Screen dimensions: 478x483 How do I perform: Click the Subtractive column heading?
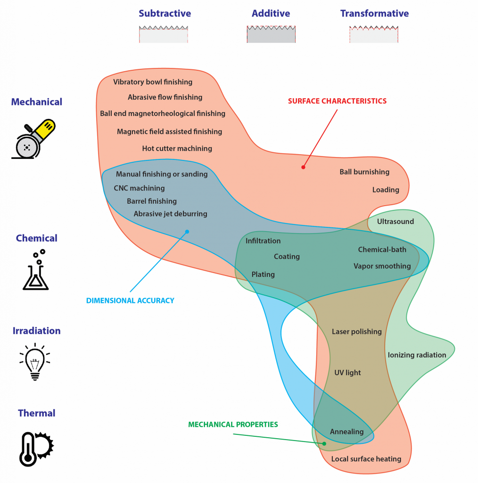click(165, 13)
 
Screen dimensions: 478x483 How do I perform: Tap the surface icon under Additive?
click(271, 34)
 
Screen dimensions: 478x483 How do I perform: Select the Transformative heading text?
click(374, 13)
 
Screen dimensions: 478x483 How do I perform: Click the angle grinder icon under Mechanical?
click(33, 139)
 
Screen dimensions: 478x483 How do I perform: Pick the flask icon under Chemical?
click(36, 270)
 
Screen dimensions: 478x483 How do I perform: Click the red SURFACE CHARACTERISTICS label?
click(337, 101)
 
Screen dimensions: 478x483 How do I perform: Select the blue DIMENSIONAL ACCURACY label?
click(130, 300)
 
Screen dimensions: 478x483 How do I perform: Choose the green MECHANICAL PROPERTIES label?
click(233, 425)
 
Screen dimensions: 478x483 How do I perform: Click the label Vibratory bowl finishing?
click(153, 82)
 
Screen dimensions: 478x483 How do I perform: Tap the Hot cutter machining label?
click(177, 149)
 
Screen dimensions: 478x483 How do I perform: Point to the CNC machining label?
click(139, 188)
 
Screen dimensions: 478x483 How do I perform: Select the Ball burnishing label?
click(364, 172)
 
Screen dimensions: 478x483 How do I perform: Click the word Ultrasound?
click(396, 222)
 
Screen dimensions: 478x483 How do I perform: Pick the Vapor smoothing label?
click(382, 266)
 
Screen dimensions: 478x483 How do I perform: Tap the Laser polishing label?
click(357, 332)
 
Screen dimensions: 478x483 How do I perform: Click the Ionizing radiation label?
click(417, 355)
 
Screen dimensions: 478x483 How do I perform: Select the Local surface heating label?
click(366, 459)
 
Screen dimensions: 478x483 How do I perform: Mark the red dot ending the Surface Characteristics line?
click(303, 167)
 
